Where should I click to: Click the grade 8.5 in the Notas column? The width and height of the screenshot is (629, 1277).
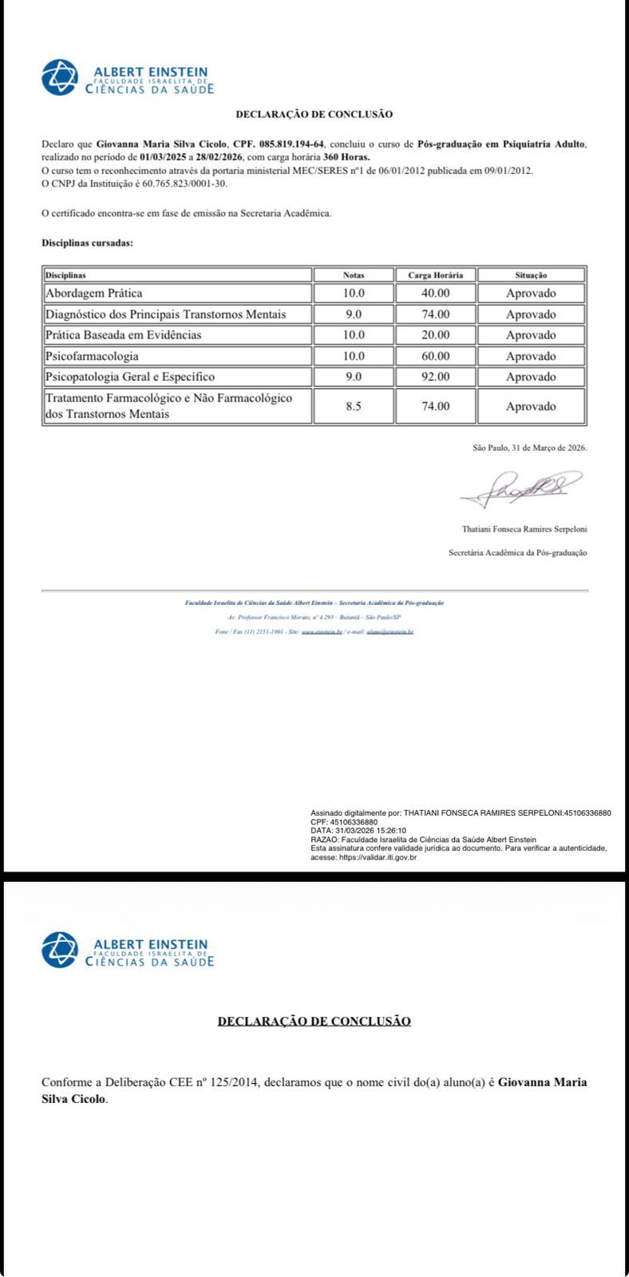pos(354,406)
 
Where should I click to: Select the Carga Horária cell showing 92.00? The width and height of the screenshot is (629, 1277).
pos(436,377)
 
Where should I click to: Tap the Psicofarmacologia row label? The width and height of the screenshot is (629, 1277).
pos(92,356)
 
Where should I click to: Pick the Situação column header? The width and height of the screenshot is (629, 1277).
pos(531,275)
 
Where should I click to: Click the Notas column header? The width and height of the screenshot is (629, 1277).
pos(354,275)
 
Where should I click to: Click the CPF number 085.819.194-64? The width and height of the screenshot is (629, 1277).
pos(290,144)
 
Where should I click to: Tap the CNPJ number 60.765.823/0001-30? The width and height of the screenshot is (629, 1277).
pos(184,184)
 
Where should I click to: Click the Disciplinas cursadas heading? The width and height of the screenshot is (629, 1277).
pos(87,243)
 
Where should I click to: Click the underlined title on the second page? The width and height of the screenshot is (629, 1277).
pos(314,1021)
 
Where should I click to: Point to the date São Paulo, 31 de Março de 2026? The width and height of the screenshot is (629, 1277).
pos(530,448)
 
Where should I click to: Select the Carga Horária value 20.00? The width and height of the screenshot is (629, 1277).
pos(436,335)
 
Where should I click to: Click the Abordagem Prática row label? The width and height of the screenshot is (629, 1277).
pos(94,293)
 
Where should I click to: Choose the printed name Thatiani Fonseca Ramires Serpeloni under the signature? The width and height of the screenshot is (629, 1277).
pos(524,529)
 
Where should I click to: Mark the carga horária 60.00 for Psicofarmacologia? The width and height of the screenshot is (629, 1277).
pos(436,356)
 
